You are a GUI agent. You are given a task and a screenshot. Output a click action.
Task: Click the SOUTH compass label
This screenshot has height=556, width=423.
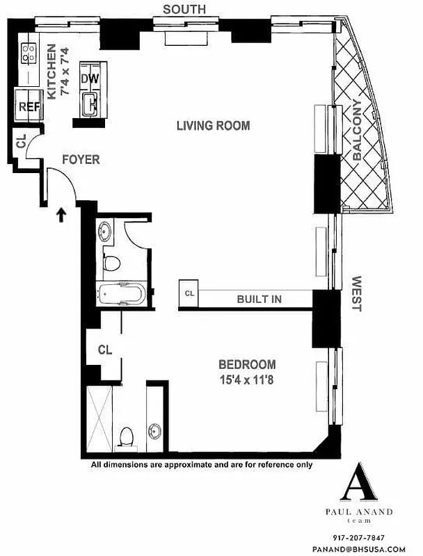(x=184, y=9)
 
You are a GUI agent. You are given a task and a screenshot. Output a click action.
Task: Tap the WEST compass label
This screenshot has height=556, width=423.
(x=357, y=294)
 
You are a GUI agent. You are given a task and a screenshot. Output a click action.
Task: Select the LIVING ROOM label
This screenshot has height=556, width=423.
(x=213, y=126)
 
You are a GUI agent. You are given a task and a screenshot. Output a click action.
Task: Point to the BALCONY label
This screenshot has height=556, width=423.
(x=357, y=131)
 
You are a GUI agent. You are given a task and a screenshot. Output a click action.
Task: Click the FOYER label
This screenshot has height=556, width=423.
(x=81, y=160)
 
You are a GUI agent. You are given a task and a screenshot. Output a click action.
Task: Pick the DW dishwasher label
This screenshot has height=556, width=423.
(x=89, y=79)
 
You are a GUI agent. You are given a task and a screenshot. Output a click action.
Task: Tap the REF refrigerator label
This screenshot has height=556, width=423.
(x=28, y=107)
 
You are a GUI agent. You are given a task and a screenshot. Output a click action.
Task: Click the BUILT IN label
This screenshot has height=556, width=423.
(x=259, y=299)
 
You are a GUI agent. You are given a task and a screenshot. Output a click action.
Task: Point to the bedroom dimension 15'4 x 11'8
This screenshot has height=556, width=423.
(x=247, y=379)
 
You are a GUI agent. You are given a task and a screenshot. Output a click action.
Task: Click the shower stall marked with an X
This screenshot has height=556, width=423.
(x=99, y=420)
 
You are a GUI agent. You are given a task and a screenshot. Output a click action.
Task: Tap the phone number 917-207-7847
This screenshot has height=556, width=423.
(x=359, y=537)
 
